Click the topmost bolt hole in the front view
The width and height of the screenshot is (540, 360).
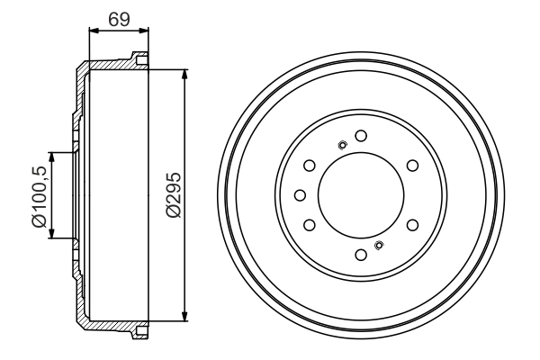click(361, 136)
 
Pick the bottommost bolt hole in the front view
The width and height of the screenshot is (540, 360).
click(361, 255)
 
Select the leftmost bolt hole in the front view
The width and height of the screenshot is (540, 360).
click(301, 195)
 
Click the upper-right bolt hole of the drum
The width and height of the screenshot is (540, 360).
click(412, 166)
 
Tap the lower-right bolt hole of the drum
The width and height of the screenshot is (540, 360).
click(412, 225)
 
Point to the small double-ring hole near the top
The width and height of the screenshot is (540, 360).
click(342, 146)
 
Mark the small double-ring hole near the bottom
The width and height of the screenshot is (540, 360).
click(379, 245)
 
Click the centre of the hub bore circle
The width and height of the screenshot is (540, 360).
click(361, 195)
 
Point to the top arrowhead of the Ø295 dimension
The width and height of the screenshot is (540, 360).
click(184, 73)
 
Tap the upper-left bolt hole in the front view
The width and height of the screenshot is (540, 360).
click(310, 166)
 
